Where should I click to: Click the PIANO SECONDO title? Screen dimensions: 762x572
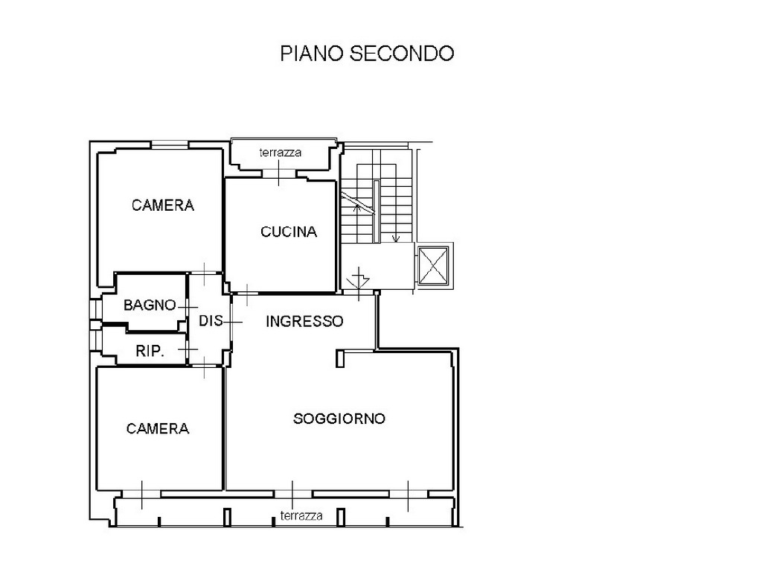(367, 54)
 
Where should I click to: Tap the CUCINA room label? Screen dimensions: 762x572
(289, 232)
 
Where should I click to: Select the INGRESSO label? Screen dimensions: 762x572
(304, 321)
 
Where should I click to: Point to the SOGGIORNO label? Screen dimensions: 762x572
(339, 419)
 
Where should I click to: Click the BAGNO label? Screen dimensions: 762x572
(150, 305)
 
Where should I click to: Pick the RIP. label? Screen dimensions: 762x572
(150, 351)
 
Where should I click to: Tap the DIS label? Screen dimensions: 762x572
(211, 320)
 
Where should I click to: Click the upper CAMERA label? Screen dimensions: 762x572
(163, 206)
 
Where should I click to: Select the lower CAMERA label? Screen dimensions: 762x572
(158, 428)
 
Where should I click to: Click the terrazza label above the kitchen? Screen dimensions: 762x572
(281, 153)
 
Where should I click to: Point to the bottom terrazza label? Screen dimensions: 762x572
(301, 515)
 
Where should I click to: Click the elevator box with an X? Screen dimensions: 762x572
(433, 265)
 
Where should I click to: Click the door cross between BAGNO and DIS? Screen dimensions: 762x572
(188, 308)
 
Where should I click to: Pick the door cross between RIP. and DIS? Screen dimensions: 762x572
(188, 349)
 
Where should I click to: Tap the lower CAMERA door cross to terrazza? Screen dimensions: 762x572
(142, 495)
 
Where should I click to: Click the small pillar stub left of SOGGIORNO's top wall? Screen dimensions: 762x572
(340, 358)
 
